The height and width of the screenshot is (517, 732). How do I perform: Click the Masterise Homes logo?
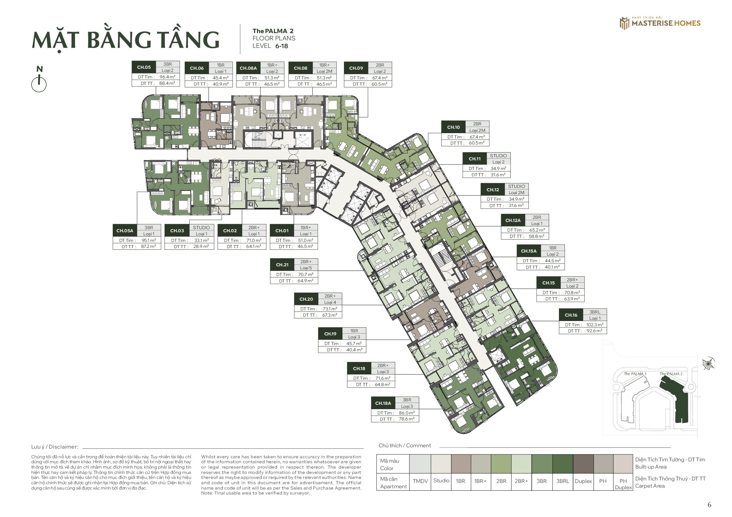coord(660,23)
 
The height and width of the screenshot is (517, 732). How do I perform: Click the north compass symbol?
coord(39,79)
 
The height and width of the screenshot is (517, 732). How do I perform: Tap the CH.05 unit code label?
coord(144,67)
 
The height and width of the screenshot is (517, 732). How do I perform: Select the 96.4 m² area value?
coord(167,77)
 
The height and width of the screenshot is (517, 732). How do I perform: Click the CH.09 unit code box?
coord(356,68)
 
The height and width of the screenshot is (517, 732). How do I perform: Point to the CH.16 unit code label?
coord(571,315)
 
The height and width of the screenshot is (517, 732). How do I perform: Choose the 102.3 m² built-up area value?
coord(595,325)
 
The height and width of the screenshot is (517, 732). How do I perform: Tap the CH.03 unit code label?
coord(177,231)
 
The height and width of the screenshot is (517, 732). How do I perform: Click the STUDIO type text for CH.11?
coord(498,156)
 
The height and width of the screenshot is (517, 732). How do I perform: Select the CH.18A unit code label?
coord(383,403)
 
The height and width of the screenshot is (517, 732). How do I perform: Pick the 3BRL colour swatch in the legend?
coord(563,464)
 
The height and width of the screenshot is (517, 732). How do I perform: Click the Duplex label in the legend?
coord(583,481)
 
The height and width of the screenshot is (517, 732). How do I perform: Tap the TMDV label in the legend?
coord(420,481)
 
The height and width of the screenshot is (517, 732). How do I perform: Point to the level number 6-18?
coord(282,46)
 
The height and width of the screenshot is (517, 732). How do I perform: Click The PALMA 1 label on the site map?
coord(635,374)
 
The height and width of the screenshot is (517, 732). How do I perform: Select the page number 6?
coord(709,505)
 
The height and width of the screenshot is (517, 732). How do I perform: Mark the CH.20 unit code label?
coord(306,299)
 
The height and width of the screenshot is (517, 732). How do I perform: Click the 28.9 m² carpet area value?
coord(201,247)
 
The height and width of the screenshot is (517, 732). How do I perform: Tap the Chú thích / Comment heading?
coord(405,446)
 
